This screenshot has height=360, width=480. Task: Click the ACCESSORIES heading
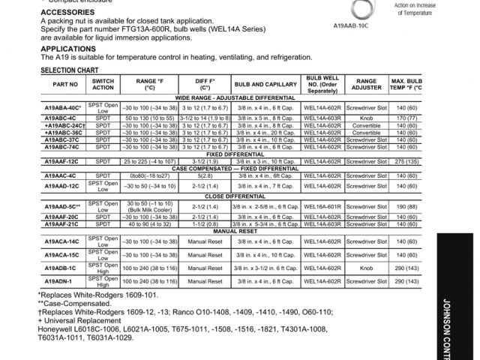tap(68, 13)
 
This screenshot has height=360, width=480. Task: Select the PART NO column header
tap(65, 84)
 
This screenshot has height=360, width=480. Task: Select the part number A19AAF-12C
tap(65, 162)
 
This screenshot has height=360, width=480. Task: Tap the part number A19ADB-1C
tap(65, 268)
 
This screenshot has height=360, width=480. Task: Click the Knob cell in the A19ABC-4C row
tap(366, 118)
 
